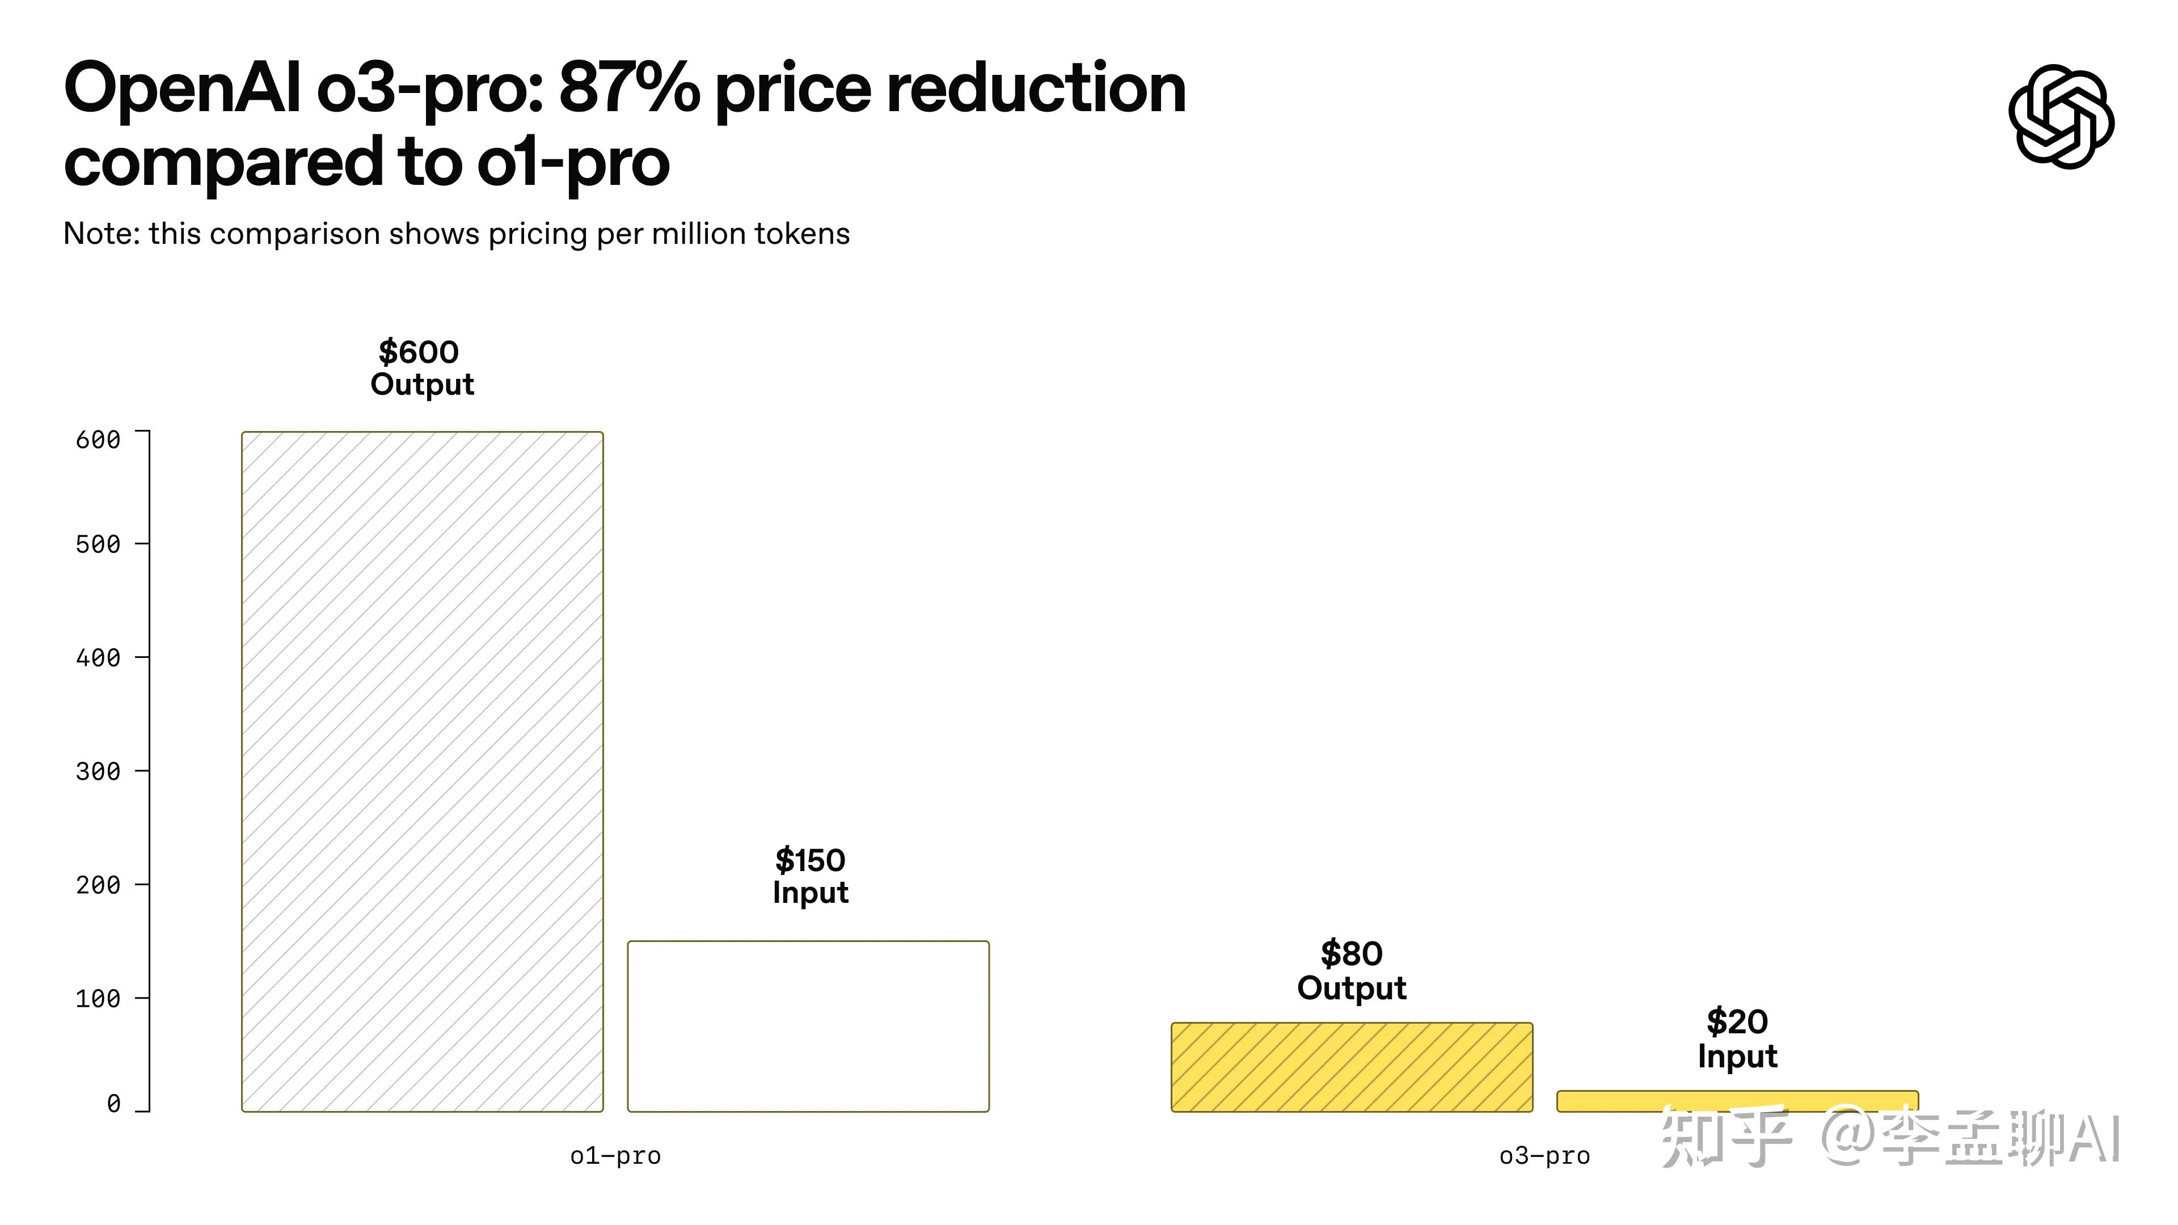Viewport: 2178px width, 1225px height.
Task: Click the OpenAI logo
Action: coord(2061,116)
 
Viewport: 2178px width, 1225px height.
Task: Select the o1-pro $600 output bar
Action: coord(422,771)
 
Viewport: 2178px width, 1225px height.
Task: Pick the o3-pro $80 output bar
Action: coord(1351,1067)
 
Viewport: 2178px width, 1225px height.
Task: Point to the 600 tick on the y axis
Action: coord(98,440)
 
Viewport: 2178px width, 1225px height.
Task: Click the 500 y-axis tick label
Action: coord(98,544)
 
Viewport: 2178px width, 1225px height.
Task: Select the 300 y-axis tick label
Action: coord(98,771)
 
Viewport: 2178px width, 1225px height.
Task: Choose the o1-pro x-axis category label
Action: coord(615,1156)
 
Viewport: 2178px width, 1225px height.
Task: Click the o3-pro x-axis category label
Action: coord(1544,1156)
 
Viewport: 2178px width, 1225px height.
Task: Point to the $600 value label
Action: coord(419,352)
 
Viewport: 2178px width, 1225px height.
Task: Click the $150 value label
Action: coord(810,861)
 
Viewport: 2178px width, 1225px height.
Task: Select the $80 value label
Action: coord(1351,953)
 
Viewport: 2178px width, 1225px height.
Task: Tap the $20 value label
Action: coord(1737,1022)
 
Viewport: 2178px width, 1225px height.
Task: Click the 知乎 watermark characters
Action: coord(1725,1138)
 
